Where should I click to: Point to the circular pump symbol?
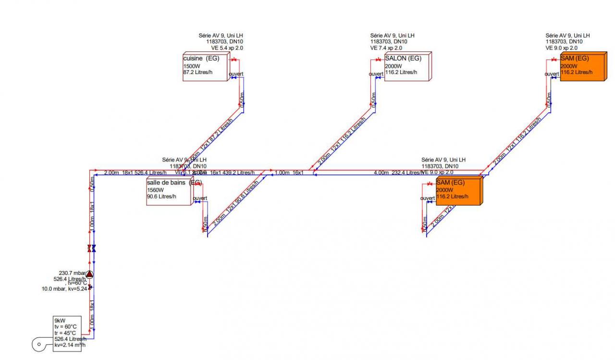[x=89, y=274]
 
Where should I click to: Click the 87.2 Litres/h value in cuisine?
[x=198, y=72]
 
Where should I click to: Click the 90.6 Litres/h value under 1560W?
[x=161, y=196]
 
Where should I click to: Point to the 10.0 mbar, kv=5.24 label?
[x=64, y=289]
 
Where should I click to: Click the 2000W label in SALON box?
[x=394, y=66]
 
